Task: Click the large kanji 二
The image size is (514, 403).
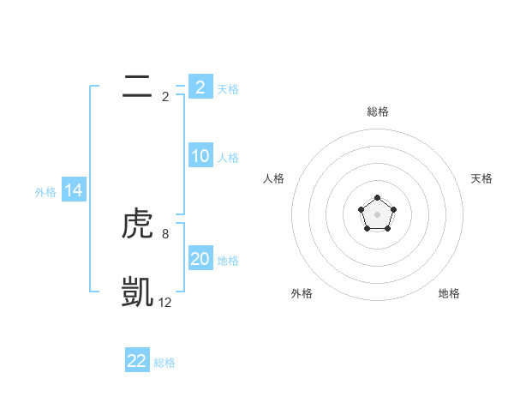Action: [x=137, y=87]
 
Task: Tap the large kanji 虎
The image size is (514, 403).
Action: [x=137, y=224]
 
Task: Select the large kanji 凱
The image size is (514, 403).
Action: [x=137, y=292]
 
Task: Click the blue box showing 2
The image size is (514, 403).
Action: [x=200, y=87]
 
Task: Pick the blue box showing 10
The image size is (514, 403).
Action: [x=200, y=156]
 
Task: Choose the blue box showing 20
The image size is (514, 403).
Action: [x=200, y=258]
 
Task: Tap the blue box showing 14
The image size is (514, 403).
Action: [x=74, y=190]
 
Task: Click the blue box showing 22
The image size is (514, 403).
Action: [x=137, y=361]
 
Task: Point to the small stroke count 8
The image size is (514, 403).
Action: [x=164, y=233]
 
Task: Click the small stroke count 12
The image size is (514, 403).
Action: [x=164, y=302]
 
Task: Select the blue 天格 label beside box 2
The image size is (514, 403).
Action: [x=228, y=88]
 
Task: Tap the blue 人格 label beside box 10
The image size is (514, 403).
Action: [x=228, y=158]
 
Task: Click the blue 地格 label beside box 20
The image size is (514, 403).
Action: [x=228, y=260]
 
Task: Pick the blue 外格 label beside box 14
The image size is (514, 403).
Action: [x=45, y=192]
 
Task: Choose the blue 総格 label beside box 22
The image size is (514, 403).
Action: [x=164, y=363]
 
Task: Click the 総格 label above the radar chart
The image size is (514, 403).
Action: [x=377, y=111]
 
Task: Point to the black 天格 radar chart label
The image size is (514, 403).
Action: [x=481, y=178]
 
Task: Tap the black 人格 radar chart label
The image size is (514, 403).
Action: [x=274, y=178]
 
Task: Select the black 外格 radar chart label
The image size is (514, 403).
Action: [x=302, y=293]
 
